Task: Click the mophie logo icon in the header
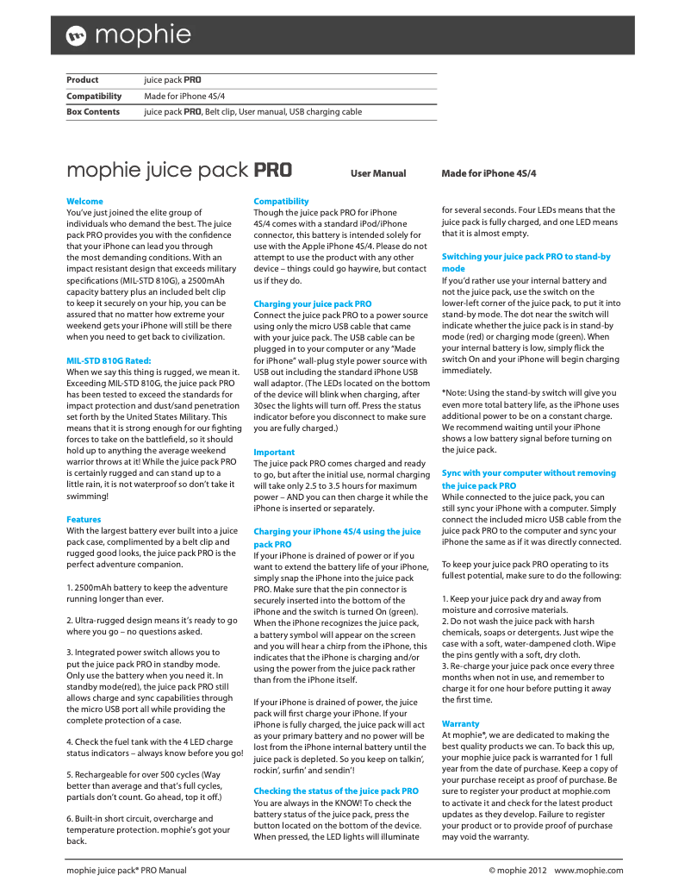(x=77, y=35)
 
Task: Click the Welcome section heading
(x=84, y=201)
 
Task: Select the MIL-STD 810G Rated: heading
(x=109, y=360)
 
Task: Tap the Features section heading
(x=84, y=519)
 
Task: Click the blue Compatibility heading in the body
(x=281, y=201)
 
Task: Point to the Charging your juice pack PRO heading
(x=312, y=303)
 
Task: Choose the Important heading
(x=273, y=452)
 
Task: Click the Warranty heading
(x=460, y=723)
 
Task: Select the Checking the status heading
(x=335, y=791)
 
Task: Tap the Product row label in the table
(x=83, y=80)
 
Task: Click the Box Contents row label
(x=93, y=112)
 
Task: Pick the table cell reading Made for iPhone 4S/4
(x=184, y=96)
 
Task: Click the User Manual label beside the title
(x=377, y=173)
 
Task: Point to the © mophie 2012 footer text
(x=517, y=870)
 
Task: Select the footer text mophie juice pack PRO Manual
(x=127, y=870)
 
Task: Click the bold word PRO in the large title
(x=272, y=170)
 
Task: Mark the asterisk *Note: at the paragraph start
(x=445, y=393)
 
